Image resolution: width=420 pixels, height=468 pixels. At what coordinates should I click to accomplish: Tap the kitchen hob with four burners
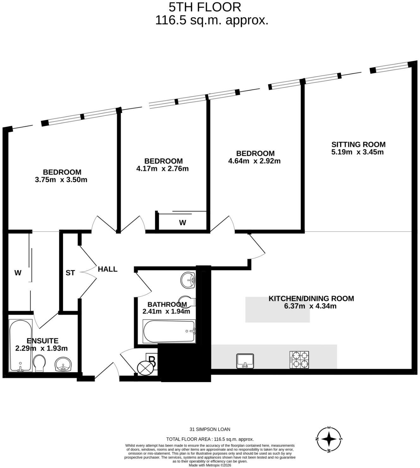(x=299, y=360)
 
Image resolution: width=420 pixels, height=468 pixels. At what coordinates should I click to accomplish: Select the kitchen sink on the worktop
(x=245, y=361)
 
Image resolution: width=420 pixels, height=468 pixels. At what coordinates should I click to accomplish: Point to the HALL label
(x=108, y=269)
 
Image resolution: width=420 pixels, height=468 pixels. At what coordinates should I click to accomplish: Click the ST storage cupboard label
(x=70, y=273)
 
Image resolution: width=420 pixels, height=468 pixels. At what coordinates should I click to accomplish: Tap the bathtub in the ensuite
(x=21, y=346)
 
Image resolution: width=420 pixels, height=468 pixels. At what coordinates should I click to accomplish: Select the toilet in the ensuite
(x=39, y=363)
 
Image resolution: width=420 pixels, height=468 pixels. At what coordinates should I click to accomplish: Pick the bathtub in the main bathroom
(x=169, y=331)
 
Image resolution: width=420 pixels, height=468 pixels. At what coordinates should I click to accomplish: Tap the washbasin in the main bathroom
(x=188, y=280)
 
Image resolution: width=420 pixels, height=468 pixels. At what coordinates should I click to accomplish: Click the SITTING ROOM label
(x=359, y=145)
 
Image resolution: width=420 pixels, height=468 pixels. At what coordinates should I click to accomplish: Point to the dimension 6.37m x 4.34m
(x=310, y=306)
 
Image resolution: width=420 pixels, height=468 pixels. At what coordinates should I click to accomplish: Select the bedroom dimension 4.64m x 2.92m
(x=254, y=161)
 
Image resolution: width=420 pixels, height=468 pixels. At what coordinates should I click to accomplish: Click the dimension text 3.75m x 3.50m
(x=61, y=180)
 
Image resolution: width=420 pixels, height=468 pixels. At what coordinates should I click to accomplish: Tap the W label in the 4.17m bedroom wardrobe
(x=182, y=223)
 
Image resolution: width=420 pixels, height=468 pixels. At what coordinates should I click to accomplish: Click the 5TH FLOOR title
(x=205, y=7)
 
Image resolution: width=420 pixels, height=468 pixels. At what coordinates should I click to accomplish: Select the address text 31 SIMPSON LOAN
(x=210, y=429)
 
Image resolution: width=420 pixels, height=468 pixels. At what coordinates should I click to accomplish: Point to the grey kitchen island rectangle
(x=277, y=310)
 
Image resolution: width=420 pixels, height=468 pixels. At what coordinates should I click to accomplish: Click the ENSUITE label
(x=42, y=341)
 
